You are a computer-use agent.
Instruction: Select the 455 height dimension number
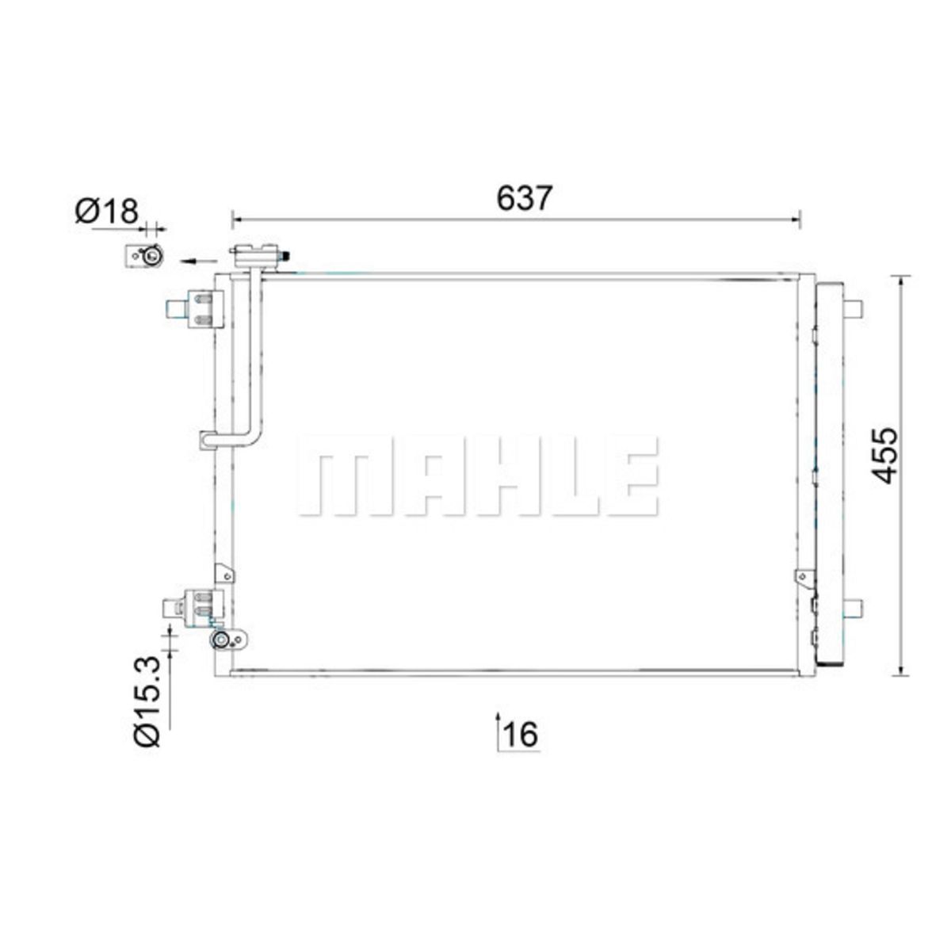point(884,455)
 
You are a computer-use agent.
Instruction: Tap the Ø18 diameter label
point(107,212)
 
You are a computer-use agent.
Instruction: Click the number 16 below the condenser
point(521,747)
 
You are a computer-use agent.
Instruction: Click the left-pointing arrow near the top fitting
point(199,261)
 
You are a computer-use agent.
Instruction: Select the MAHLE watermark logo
point(478,475)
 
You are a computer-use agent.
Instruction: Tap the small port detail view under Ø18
point(144,256)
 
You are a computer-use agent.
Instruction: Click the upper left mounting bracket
point(196,309)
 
